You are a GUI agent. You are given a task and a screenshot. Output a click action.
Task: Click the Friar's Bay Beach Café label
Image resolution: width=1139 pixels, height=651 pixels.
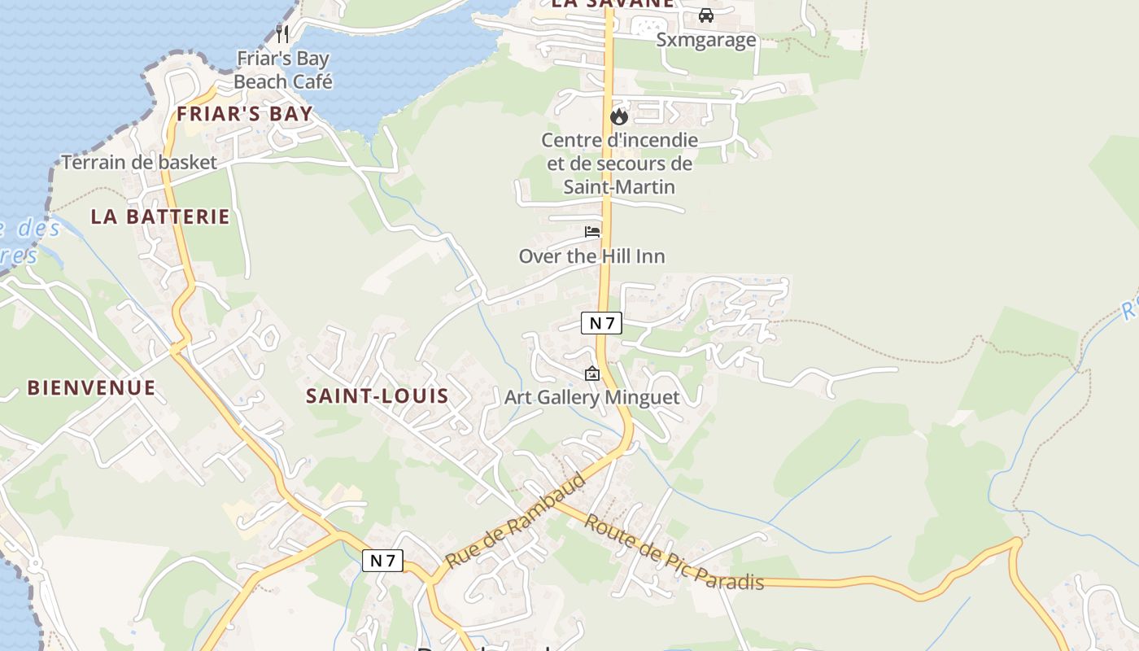[282, 70]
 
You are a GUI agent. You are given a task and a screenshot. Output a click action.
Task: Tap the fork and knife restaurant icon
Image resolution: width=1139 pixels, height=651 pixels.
[282, 33]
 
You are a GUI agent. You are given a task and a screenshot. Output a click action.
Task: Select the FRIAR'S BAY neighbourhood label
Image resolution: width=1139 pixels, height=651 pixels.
[245, 113]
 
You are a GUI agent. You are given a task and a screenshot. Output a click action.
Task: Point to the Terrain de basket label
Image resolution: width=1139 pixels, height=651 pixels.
[139, 162]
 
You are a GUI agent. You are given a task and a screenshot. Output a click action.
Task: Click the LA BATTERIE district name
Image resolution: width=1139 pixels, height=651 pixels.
[160, 216]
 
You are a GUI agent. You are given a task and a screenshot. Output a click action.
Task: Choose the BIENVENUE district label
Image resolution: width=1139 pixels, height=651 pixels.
[91, 387]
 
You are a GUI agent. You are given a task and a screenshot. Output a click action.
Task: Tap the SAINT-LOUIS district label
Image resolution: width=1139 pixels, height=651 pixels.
[377, 396]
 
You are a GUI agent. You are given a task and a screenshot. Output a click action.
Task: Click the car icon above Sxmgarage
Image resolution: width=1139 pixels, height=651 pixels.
[705, 15]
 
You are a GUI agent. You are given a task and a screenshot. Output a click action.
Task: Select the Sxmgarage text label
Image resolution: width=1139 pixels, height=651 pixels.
[706, 40]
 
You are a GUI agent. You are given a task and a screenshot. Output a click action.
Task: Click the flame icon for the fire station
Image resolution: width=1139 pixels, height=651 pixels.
[619, 116]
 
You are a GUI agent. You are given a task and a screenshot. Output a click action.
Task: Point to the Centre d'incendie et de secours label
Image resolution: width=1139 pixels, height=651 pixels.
[619, 163]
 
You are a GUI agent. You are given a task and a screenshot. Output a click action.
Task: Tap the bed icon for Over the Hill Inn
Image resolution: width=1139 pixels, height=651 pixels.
[592, 232]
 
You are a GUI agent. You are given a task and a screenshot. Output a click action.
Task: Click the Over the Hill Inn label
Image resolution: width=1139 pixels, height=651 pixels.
[591, 256]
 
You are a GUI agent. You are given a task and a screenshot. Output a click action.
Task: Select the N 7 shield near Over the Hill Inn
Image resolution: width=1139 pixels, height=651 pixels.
[601, 323]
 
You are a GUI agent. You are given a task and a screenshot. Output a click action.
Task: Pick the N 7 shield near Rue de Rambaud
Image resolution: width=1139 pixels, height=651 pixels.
[382, 560]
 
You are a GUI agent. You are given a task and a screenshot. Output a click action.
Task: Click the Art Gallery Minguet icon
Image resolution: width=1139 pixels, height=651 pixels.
[591, 374]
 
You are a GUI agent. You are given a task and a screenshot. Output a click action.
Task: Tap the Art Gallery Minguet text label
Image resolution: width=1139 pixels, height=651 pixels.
[591, 397]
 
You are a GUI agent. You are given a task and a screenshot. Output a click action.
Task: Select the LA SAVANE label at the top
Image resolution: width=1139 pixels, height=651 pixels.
[612, 3]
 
